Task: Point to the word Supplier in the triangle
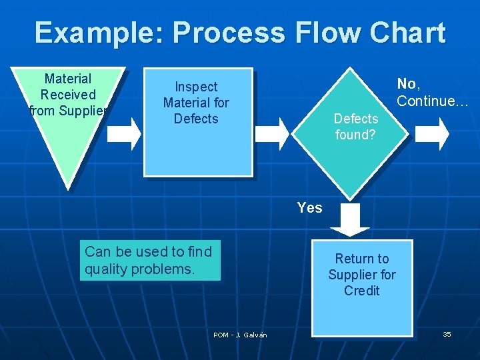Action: [83, 111]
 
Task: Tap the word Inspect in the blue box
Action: [196, 87]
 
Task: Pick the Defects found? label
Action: [355, 127]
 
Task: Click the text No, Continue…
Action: [433, 93]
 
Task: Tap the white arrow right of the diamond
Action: [432, 134]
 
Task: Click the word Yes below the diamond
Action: [309, 208]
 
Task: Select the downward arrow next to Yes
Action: [349, 220]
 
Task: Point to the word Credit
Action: [362, 291]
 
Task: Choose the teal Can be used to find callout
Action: [150, 261]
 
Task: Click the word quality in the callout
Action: [105, 269]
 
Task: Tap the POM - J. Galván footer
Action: [240, 335]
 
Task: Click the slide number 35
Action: [447, 334]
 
